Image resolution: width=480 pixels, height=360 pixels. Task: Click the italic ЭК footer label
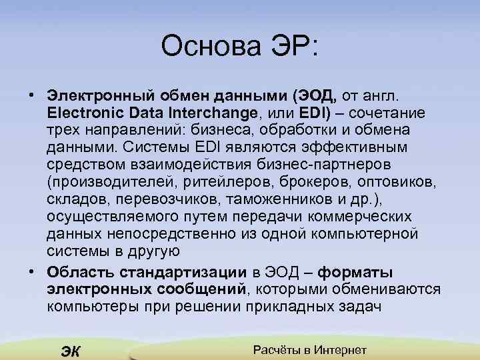tap(70, 351)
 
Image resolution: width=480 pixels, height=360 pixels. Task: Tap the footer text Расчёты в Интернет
tap(311, 350)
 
